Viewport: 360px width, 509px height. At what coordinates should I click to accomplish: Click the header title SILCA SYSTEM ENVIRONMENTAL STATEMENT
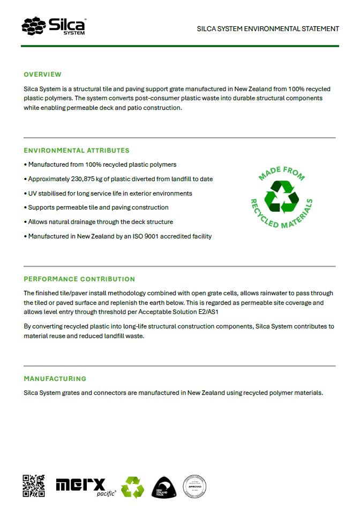pyautogui.click(x=268, y=28)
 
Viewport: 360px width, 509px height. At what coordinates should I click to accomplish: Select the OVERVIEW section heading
pyautogui.click(x=42, y=74)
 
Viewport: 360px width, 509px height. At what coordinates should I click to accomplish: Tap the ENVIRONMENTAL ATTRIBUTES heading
pyautogui.click(x=77, y=151)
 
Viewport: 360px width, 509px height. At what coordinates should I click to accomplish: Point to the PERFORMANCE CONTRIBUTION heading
pyautogui.click(x=79, y=279)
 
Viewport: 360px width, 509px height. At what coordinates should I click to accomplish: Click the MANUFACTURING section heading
pyautogui.click(x=55, y=379)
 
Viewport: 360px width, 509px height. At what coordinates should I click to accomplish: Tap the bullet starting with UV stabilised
pyautogui.click(x=110, y=193)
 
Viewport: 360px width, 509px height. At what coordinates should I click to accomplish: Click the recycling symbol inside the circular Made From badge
pyautogui.click(x=281, y=197)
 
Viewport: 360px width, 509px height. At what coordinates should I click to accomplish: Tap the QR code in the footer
pyautogui.click(x=34, y=486)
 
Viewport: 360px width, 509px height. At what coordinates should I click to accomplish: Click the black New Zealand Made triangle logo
pyautogui.click(x=164, y=487)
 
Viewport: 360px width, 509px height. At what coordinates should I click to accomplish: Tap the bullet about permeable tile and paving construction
pyautogui.click(x=98, y=207)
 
